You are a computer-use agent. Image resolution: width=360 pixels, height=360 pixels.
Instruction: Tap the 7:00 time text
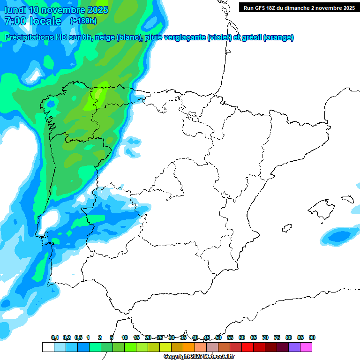pos(15,21)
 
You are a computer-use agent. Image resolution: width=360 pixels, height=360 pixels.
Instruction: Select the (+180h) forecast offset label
pos(83,21)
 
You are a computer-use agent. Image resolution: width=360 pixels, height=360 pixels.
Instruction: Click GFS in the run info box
pos(264,8)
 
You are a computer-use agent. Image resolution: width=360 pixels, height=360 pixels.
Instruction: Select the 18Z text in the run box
pos(277,8)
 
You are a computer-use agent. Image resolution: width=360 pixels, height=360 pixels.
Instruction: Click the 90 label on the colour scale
pos(312,337)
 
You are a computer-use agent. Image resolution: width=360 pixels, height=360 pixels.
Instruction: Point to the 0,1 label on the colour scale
pos(55,337)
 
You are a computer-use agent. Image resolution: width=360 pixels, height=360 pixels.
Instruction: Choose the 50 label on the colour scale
pos(218,337)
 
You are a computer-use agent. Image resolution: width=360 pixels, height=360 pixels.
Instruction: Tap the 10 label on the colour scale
pos(125,337)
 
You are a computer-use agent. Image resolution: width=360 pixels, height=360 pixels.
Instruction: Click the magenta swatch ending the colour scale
pos(306,347)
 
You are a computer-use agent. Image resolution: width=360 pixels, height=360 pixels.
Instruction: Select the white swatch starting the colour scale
pos(48,347)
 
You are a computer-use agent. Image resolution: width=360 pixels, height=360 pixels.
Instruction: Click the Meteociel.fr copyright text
pos(199,357)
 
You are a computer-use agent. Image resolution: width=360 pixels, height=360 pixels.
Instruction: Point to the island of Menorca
pos(347,198)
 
